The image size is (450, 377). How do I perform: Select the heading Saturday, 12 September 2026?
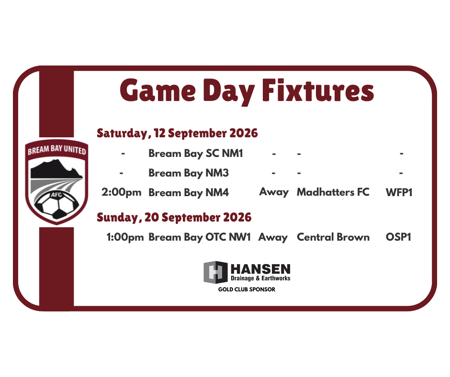(x=177, y=133)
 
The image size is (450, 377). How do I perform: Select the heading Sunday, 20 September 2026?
(x=174, y=218)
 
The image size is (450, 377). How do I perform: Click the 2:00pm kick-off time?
(x=122, y=192)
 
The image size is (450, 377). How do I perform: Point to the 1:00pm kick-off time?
(x=125, y=238)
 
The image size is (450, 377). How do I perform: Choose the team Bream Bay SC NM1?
(x=196, y=154)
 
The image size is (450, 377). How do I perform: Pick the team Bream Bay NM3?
(x=189, y=173)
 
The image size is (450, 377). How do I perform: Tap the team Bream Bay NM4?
(x=189, y=193)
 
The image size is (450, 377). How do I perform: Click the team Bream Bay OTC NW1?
(x=200, y=238)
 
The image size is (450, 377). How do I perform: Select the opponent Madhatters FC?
(x=333, y=192)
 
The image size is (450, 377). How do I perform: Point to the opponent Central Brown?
(x=333, y=237)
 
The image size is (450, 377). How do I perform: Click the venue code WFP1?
(x=399, y=192)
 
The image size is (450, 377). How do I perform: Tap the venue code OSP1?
(x=398, y=237)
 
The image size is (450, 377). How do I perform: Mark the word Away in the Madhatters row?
(x=274, y=192)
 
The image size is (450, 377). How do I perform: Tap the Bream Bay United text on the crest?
(x=57, y=149)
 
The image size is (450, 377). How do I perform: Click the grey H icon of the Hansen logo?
(x=215, y=272)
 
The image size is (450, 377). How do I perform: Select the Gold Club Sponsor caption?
(x=247, y=289)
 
